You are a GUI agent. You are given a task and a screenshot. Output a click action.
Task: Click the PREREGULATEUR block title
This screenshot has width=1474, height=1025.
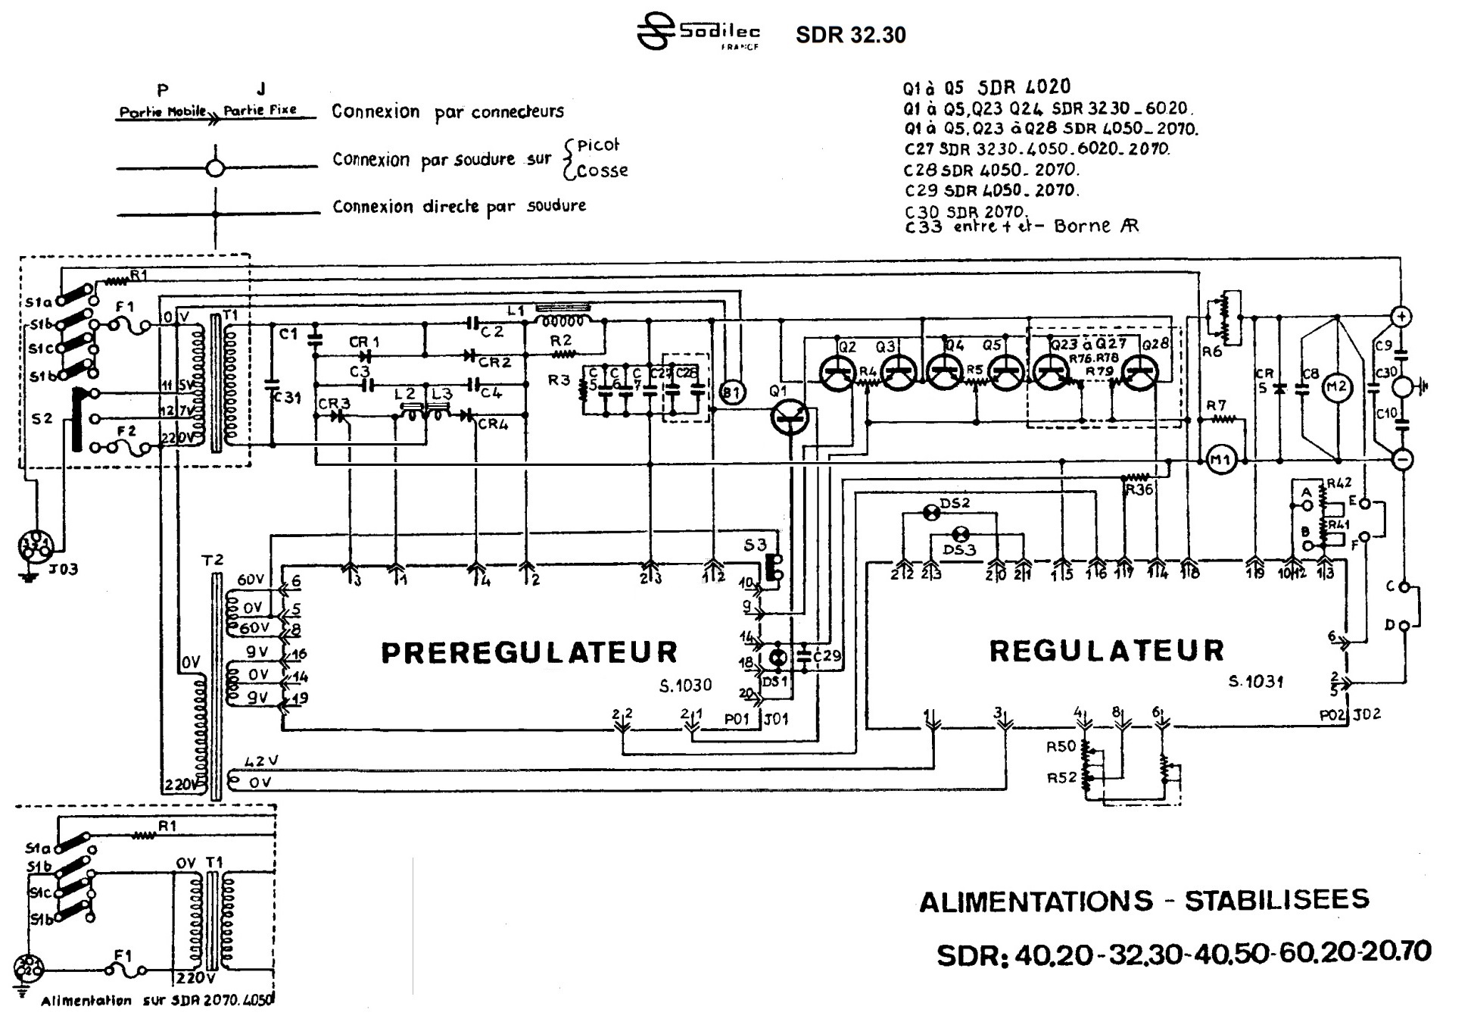tap(528, 652)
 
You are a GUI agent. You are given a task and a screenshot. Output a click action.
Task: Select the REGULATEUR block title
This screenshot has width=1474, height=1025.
tap(1106, 651)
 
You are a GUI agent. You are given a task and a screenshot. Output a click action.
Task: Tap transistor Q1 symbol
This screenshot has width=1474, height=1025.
tap(790, 418)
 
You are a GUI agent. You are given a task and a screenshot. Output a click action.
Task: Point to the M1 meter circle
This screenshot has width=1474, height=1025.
tap(1220, 460)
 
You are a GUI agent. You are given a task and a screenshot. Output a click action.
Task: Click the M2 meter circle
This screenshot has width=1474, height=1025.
tap(1336, 387)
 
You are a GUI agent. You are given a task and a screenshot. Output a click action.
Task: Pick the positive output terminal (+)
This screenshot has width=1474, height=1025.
tap(1401, 317)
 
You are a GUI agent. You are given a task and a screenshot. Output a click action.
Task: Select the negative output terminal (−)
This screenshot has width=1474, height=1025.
tap(1401, 459)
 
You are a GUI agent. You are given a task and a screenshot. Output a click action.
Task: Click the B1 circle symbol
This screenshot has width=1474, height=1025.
tap(731, 392)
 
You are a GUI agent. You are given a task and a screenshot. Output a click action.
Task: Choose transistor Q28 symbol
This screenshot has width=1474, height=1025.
tap(1141, 373)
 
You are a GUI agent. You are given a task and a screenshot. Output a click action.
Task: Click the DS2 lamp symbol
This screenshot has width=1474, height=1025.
tap(933, 513)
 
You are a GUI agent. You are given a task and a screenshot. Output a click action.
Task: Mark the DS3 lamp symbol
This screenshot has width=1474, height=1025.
tap(961, 533)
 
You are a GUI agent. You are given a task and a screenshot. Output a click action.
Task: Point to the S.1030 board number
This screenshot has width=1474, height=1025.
tap(685, 686)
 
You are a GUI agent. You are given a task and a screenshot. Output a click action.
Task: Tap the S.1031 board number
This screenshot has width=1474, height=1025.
tap(1255, 681)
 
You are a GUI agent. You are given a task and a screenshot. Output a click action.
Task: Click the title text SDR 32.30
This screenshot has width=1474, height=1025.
tap(850, 35)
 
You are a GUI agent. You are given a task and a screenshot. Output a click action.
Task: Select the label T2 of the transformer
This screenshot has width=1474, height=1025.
tap(213, 560)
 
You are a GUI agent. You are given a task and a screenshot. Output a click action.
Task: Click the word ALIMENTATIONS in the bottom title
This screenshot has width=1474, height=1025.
tap(1035, 901)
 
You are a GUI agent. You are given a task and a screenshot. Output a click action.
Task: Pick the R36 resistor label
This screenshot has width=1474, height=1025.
tap(1139, 489)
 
